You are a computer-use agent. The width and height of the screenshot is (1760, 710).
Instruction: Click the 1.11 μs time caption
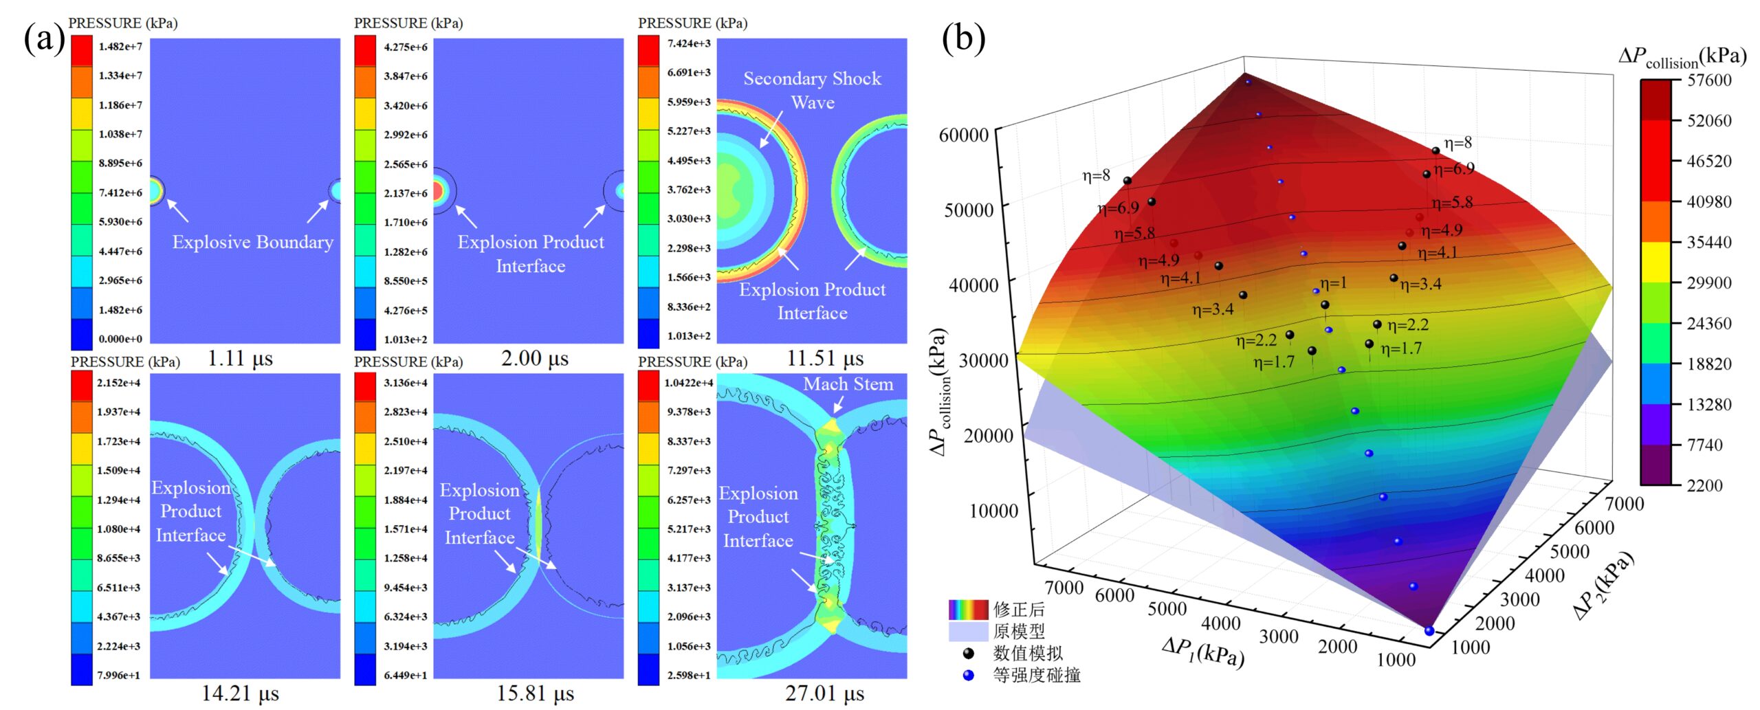tap(240, 358)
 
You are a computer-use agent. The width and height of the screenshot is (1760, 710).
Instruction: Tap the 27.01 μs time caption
tap(824, 694)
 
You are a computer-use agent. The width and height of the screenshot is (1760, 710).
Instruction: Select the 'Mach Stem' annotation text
tap(848, 384)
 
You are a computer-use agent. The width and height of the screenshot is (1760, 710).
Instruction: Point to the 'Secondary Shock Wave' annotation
tap(812, 90)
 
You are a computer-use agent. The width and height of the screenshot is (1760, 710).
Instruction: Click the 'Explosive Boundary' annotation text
tap(252, 242)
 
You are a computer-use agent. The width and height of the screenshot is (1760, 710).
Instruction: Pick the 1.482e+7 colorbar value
tap(120, 47)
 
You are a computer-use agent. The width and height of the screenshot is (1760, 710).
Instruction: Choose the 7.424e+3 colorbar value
tap(689, 43)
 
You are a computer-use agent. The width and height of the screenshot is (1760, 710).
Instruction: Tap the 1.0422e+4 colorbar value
tap(688, 383)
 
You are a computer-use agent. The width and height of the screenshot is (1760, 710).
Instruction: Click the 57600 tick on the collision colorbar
tap(1709, 80)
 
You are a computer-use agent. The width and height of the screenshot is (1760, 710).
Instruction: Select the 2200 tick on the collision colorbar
tap(1704, 485)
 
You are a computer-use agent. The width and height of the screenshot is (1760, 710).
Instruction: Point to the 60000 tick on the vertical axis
tap(964, 135)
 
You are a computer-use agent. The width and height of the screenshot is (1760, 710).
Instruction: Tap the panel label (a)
tap(44, 38)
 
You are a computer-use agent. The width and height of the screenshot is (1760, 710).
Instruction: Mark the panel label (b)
tap(963, 38)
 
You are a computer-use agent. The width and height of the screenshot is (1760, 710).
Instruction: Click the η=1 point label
tap(1333, 283)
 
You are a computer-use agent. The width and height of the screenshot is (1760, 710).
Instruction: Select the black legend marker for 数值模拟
tap(969, 653)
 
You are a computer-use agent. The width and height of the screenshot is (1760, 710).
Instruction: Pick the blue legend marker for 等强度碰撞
tap(969, 675)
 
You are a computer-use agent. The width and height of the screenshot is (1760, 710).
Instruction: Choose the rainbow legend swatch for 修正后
tap(968, 609)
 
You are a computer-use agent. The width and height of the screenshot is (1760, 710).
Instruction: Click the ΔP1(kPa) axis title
tap(1202, 651)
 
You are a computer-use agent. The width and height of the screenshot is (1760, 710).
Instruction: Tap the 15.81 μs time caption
tap(535, 694)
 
